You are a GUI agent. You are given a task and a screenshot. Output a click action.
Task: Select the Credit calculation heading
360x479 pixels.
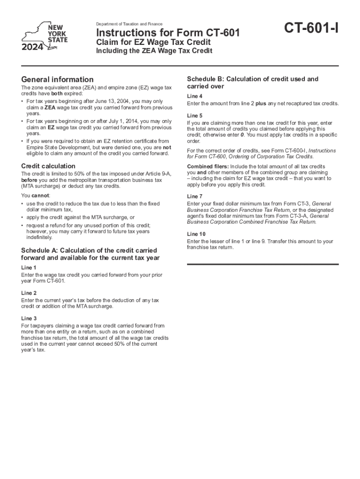(49, 166)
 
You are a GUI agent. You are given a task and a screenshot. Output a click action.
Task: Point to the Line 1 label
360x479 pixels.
(29, 267)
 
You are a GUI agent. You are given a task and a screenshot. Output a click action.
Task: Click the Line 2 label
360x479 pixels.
(29, 292)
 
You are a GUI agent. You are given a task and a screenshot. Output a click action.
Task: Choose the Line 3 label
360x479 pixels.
(29, 318)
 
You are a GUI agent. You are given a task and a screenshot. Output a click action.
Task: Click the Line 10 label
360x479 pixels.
(196, 234)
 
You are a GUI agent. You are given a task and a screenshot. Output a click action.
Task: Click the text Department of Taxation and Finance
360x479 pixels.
(129, 24)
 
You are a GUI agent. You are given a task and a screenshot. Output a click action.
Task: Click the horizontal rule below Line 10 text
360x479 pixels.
(262, 264)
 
